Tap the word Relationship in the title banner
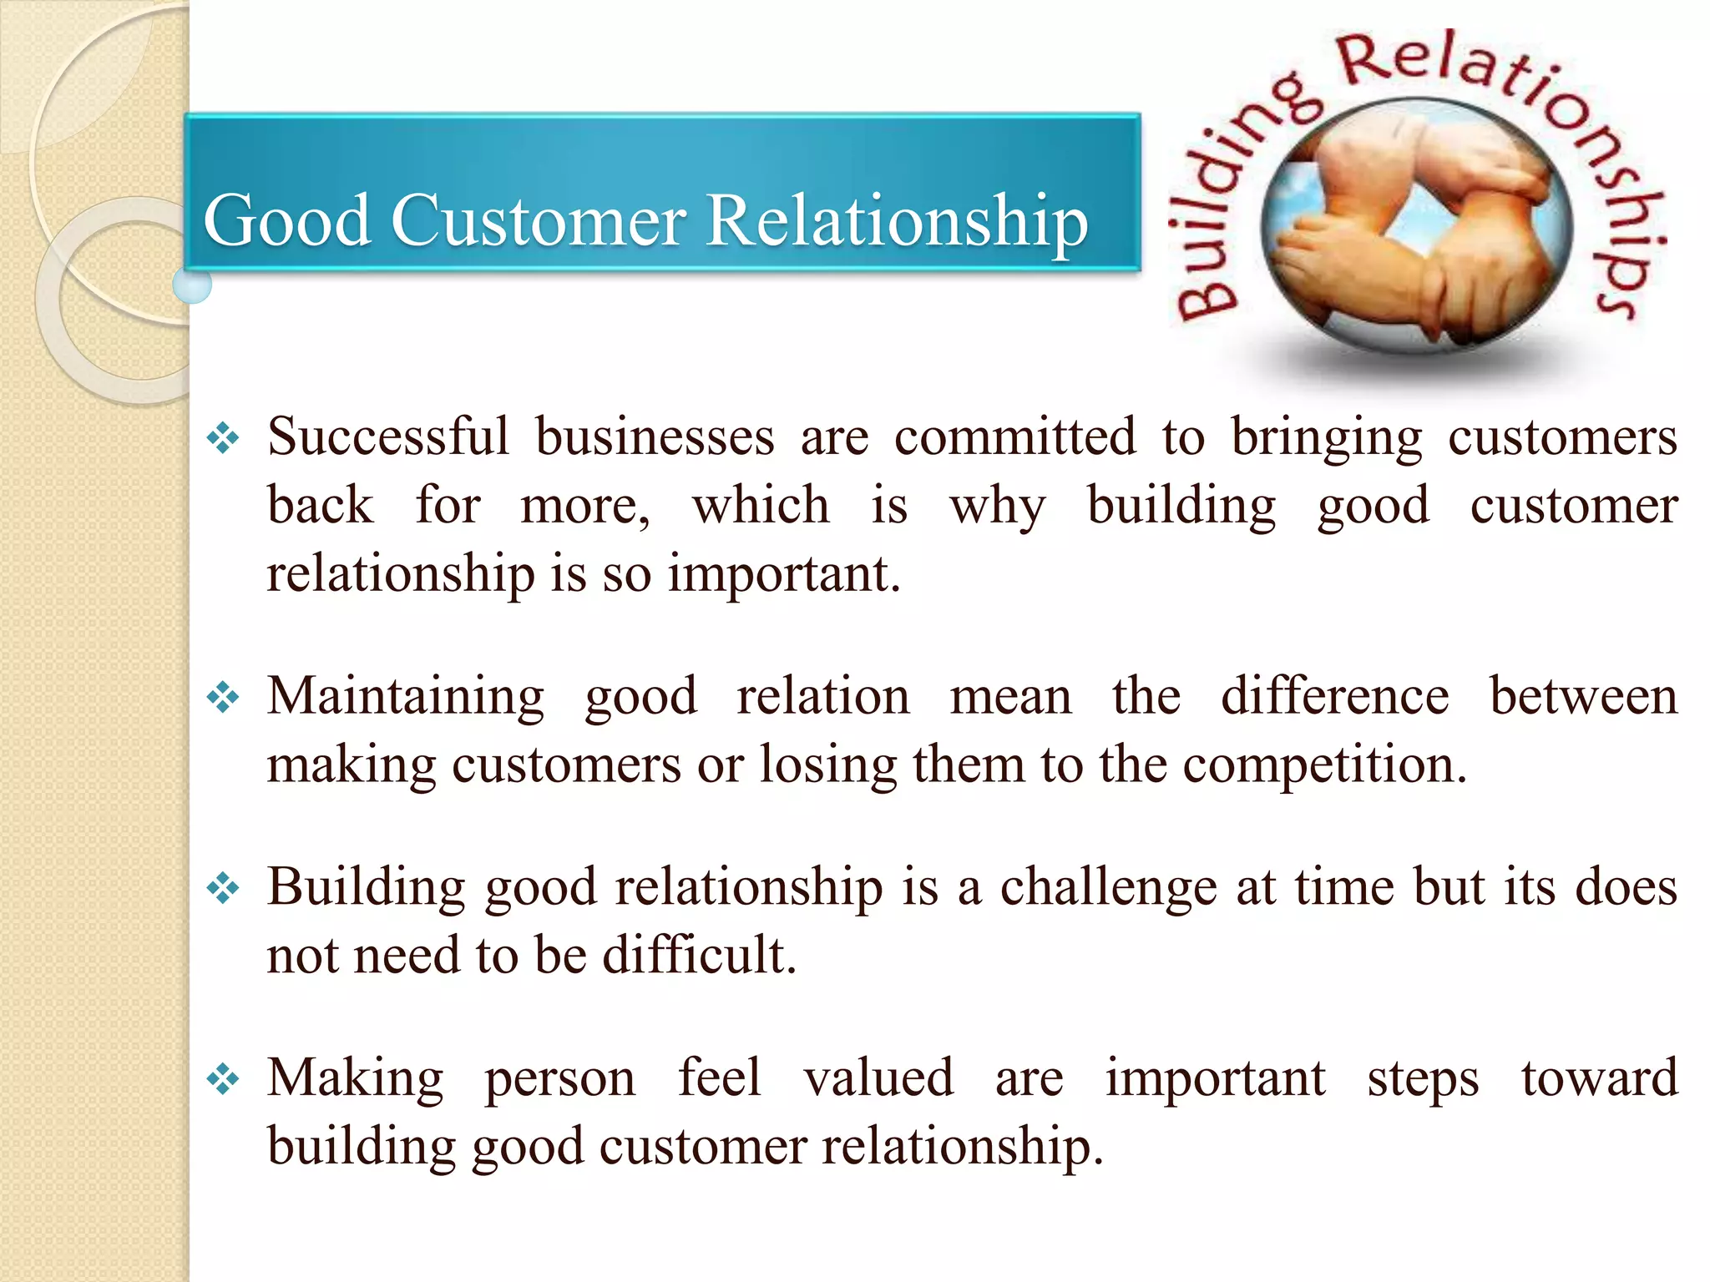click(897, 221)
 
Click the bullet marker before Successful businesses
click(223, 438)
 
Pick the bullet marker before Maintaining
click(223, 697)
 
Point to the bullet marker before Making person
click(223, 1079)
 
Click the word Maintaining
click(406, 696)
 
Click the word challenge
click(1108, 887)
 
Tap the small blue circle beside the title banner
click(192, 285)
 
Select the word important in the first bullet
click(784, 574)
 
